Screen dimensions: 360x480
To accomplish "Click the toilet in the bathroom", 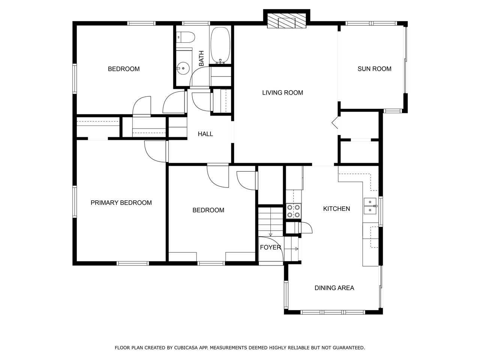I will click(186, 37).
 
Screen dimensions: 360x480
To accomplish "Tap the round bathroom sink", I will click(183, 68).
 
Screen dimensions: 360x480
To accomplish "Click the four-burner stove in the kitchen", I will click(294, 211).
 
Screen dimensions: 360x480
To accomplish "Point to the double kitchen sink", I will click(370, 205).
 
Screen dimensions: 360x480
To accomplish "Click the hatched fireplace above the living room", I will click(287, 22).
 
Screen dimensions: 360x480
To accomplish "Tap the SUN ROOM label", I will click(374, 69).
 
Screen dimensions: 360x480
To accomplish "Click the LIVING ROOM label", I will click(282, 93).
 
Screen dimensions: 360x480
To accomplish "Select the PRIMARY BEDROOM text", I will click(121, 202).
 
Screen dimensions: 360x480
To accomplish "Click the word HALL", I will click(205, 134).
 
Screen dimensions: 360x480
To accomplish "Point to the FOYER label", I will click(270, 247).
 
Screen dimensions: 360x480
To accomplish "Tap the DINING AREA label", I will click(334, 288).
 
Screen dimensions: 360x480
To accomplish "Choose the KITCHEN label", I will click(336, 208).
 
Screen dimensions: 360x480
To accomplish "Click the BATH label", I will click(201, 58).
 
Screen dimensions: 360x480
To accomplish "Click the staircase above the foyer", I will click(270, 221).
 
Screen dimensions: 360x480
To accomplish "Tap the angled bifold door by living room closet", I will click(334, 123).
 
